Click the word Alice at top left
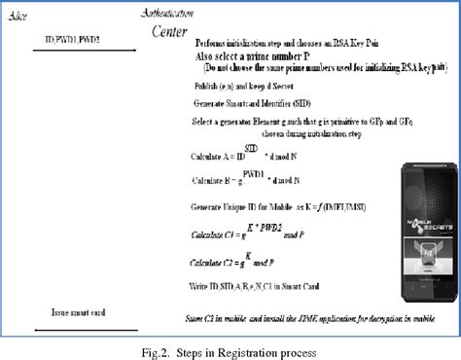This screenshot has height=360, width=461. click(x=18, y=13)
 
